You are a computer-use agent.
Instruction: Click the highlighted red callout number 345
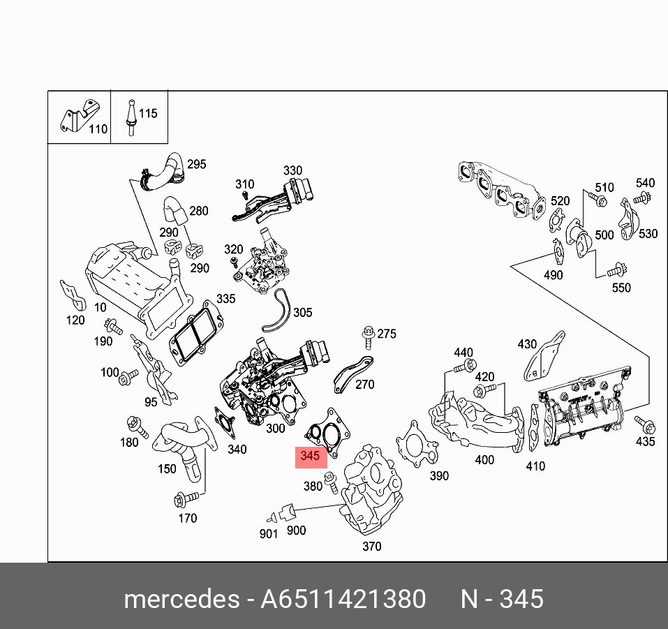coord(310,456)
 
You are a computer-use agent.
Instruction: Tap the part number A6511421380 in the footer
coord(343,600)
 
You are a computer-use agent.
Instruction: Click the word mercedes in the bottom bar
coord(180,600)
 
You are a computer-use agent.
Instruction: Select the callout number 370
coord(371,546)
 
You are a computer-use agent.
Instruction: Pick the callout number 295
coord(197,164)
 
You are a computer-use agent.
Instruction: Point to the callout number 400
coord(484,459)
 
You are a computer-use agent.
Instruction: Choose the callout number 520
coord(560,201)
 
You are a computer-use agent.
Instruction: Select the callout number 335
coord(225,299)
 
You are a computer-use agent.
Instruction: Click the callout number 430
coord(527,343)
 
